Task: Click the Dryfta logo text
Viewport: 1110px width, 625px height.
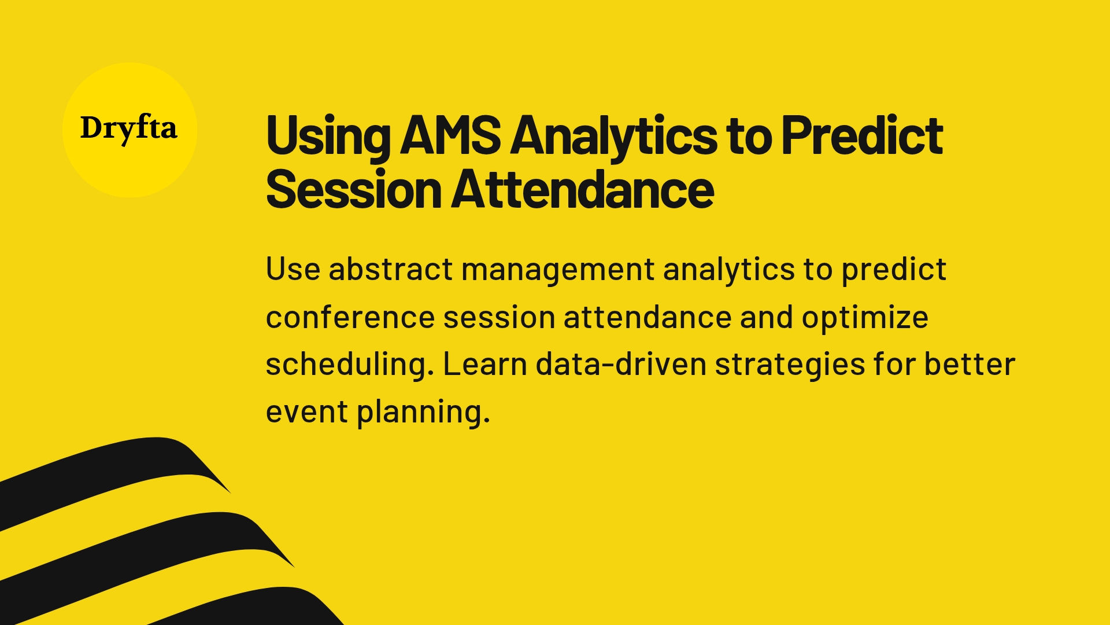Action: click(128, 128)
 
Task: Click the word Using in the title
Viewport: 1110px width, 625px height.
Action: click(328, 136)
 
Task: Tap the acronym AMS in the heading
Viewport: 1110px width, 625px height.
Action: click(450, 136)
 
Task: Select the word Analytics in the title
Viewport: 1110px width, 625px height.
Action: click(613, 136)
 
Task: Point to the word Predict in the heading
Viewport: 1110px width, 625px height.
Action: click(861, 136)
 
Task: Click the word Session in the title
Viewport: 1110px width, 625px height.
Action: click(353, 190)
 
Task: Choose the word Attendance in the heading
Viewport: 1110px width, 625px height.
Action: click(582, 190)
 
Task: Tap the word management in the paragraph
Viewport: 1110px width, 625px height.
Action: click(558, 270)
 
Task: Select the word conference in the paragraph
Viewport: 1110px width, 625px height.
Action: click(350, 318)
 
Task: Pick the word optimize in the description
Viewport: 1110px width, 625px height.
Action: click(864, 318)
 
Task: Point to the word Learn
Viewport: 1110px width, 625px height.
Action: click(484, 365)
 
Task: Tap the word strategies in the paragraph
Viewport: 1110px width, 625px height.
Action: click(790, 365)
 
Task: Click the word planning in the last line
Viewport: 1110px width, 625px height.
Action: click(423, 413)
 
